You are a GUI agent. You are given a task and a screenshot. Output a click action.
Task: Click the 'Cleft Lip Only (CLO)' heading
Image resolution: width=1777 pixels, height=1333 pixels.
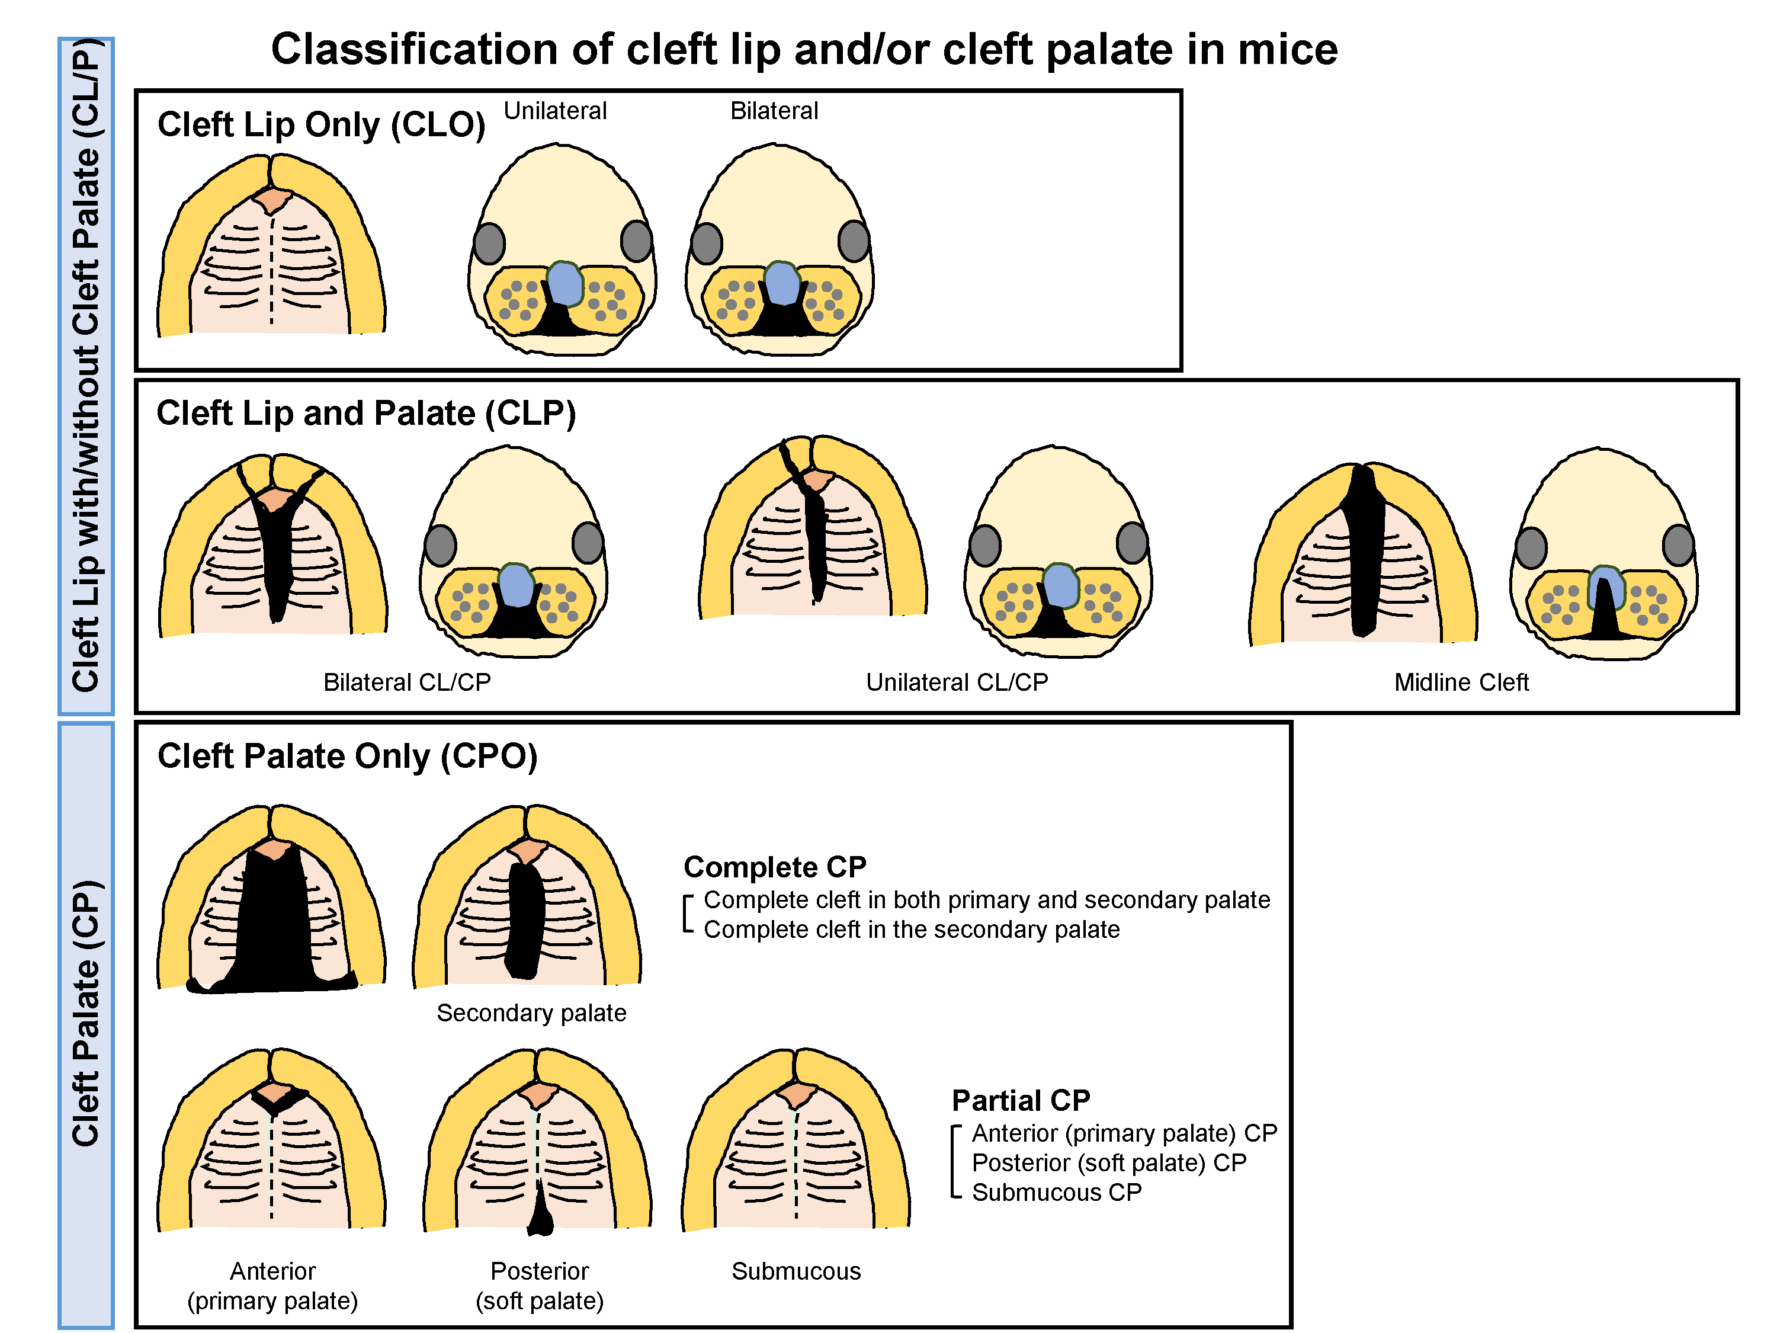321,126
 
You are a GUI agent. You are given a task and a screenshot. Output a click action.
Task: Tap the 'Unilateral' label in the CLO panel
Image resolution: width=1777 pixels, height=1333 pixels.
555,111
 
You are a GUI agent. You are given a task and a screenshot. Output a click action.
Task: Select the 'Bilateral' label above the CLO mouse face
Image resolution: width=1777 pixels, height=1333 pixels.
774,111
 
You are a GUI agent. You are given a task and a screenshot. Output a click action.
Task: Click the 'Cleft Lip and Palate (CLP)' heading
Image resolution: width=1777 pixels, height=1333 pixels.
365,414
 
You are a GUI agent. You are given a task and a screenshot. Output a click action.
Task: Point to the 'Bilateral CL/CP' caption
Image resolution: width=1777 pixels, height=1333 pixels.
406,682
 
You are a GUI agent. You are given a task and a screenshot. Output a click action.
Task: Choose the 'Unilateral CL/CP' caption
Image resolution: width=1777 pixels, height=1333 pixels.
957,682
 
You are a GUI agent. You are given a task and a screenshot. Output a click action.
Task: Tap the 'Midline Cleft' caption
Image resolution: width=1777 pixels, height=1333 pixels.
1461,682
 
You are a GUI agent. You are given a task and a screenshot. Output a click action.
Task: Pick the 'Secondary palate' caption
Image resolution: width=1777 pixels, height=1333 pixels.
531,1013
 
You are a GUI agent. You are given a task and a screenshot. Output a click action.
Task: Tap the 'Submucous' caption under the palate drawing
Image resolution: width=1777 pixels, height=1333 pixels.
796,1271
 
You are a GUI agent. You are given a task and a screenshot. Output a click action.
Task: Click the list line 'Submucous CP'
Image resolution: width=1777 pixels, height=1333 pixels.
1056,1193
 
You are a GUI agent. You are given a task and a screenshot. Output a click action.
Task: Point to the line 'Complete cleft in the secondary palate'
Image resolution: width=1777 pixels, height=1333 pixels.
911,930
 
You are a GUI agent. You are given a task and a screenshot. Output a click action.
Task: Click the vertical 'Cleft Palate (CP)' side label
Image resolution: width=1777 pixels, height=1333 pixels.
86,1012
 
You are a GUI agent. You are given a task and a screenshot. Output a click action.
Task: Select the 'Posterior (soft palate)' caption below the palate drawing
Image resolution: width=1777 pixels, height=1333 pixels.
539,1286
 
